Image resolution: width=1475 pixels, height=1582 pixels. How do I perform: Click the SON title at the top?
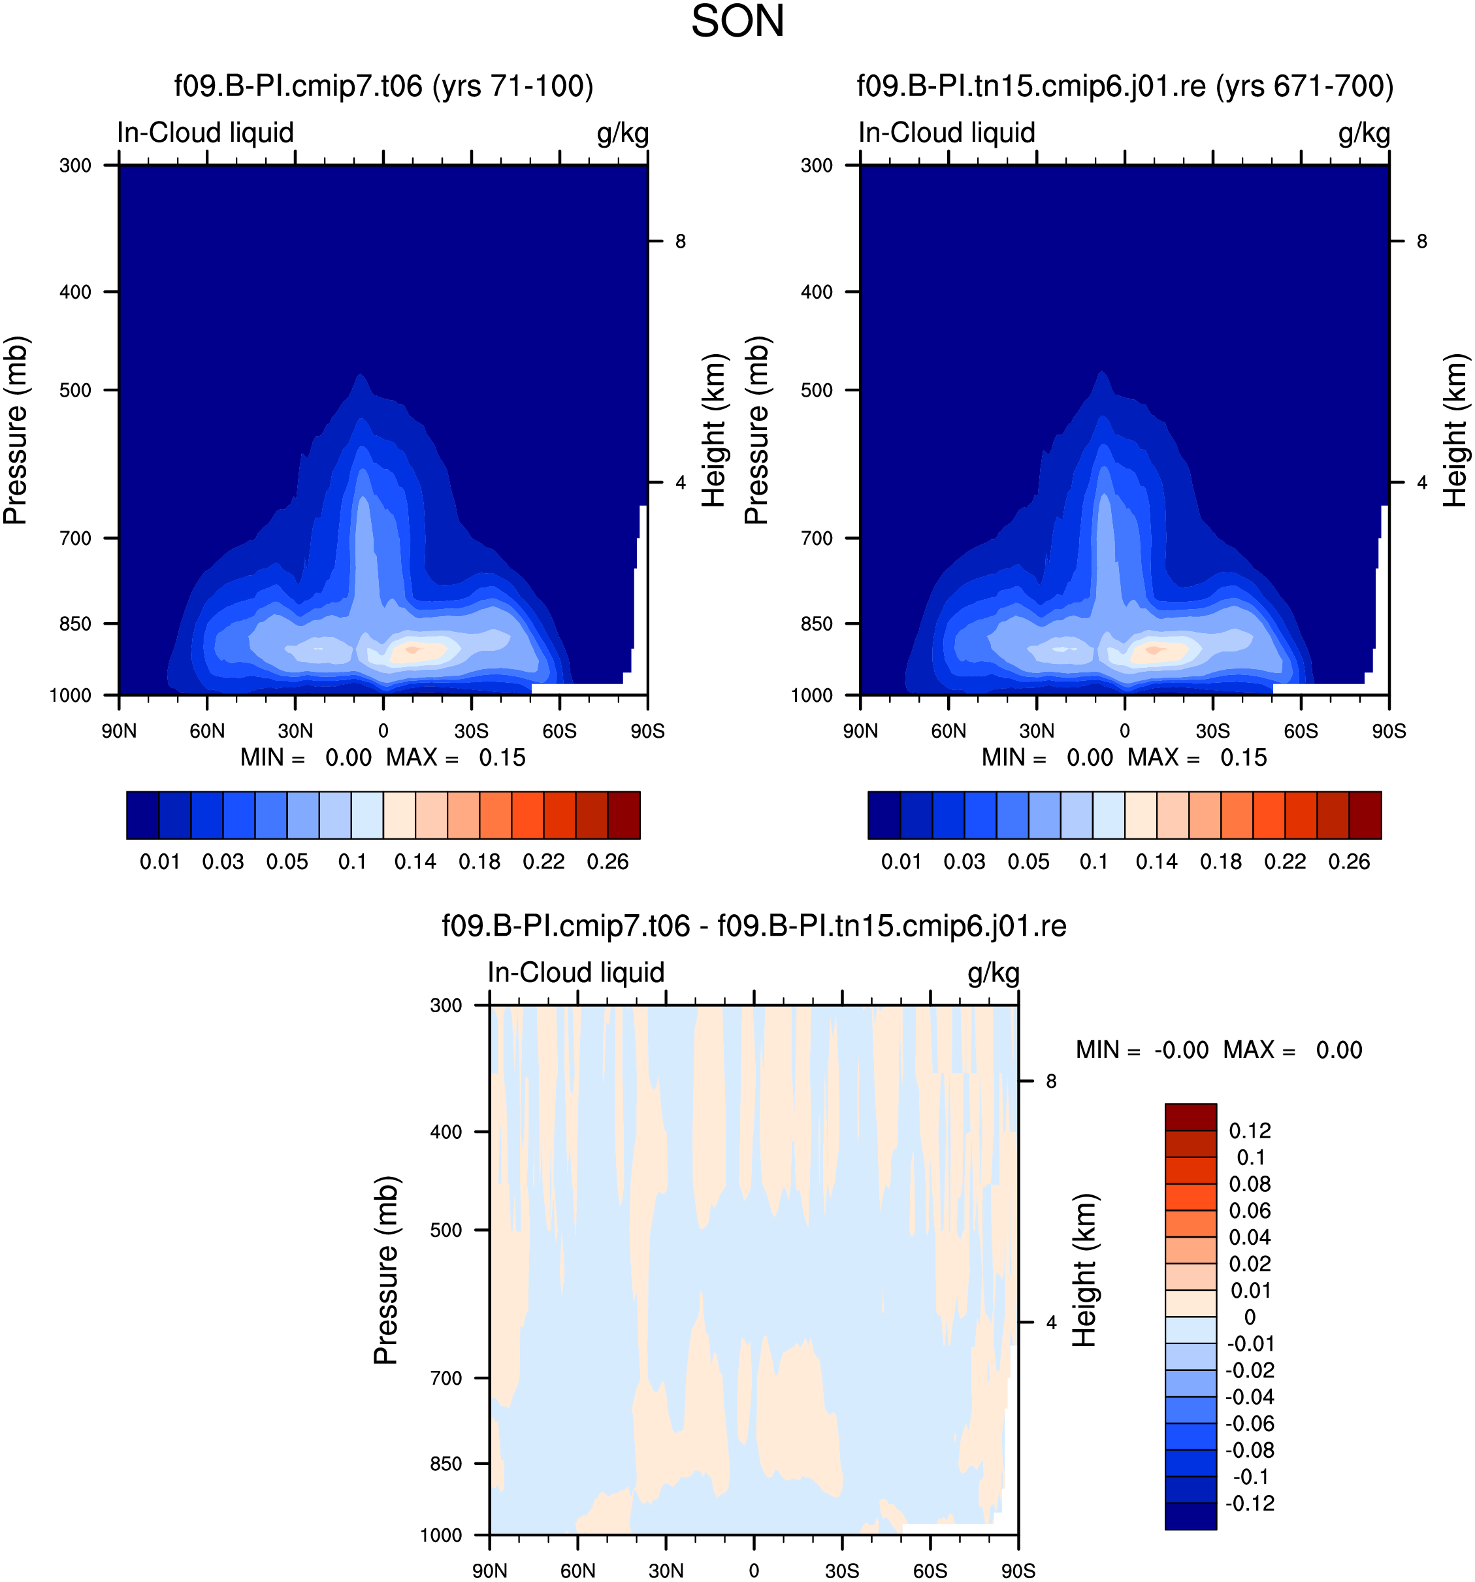coord(737,22)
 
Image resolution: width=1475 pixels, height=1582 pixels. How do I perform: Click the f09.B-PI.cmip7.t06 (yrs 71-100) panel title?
coord(383,86)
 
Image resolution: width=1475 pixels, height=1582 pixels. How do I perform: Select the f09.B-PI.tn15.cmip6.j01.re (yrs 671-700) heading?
coord(1125,86)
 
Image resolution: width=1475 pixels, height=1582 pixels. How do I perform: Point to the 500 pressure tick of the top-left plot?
coord(76,390)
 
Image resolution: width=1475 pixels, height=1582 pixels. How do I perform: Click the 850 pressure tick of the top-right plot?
coord(817,624)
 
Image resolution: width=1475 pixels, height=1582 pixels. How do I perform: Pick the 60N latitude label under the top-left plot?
coord(207,731)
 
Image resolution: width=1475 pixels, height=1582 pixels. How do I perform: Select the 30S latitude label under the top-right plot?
coord(1212,731)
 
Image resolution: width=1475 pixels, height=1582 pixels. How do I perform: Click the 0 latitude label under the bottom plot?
coord(753,1570)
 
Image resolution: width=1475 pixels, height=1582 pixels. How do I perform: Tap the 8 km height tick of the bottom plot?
coord(1051,1081)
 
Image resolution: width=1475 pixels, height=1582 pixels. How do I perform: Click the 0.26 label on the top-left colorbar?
coord(607,862)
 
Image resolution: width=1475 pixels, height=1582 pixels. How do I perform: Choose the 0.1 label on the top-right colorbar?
coord(1093,862)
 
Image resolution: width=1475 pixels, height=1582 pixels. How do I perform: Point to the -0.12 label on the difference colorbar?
coord(1250,1503)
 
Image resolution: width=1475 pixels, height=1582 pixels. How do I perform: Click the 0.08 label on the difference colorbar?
coord(1250,1184)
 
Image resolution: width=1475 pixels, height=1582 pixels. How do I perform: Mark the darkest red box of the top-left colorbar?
coord(624,815)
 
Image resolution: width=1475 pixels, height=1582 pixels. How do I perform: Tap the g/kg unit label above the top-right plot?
coord(1363,133)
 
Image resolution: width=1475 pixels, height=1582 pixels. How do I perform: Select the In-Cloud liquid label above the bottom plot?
coord(575,972)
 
